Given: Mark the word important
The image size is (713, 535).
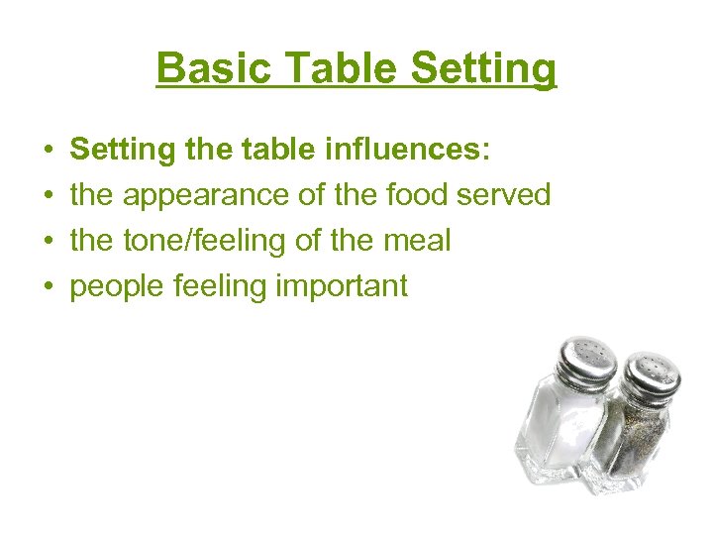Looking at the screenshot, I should pos(342,287).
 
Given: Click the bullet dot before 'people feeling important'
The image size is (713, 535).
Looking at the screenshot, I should pos(48,287).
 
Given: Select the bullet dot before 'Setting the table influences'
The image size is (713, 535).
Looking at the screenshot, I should pos(48,151).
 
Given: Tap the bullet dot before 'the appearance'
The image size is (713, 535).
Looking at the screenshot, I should pos(48,196).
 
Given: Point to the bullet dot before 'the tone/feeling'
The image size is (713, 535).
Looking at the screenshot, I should pos(48,242).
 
